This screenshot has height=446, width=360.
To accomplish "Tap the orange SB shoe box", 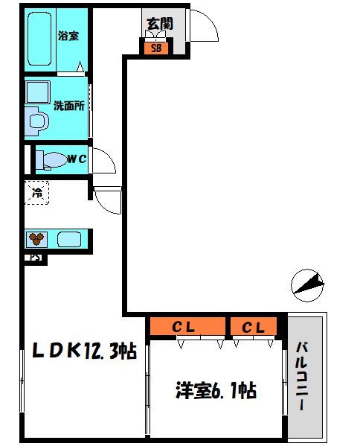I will [156, 48].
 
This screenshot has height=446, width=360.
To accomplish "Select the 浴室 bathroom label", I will [68, 36].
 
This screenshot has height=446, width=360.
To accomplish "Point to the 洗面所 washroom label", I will [68, 105].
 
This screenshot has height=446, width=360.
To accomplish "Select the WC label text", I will [77, 158].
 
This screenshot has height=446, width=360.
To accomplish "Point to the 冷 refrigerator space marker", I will [36, 194].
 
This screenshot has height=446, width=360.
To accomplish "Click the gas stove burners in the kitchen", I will [36, 240].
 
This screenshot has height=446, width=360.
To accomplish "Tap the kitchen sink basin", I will [68, 240].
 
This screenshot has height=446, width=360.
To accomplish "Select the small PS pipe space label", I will [35, 258].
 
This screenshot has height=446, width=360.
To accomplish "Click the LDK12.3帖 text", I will [82, 350].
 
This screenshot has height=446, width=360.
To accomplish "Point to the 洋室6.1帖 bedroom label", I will [216, 389].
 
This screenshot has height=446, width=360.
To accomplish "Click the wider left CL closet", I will [187, 326].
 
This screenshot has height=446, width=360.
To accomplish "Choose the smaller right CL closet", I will [253, 326].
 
